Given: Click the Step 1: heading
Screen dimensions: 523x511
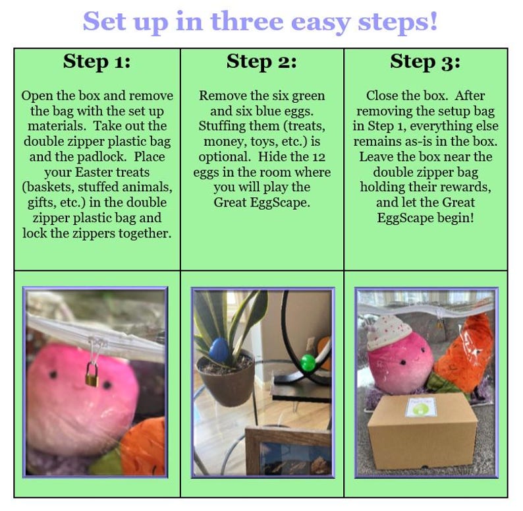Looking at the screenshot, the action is click(x=97, y=62).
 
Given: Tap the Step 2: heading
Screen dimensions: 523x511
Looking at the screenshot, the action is click(x=261, y=62).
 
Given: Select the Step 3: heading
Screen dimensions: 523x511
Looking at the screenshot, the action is click(x=426, y=62).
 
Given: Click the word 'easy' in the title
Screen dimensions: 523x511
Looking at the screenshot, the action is click(x=321, y=22).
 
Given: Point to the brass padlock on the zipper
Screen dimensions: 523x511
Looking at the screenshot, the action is click(x=92, y=375).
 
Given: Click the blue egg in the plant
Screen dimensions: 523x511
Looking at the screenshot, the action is click(x=219, y=350).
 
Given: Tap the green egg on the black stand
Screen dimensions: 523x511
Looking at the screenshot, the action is click(x=308, y=363).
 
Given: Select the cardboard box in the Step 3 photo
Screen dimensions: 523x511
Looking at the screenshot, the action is click(x=423, y=431).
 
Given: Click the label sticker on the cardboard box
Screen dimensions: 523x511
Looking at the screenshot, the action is click(x=421, y=407).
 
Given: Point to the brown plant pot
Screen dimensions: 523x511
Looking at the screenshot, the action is click(x=226, y=377).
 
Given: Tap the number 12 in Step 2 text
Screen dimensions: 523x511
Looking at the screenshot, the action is click(x=319, y=157).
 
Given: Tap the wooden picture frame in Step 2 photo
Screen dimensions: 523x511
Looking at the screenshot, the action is click(x=289, y=451).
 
